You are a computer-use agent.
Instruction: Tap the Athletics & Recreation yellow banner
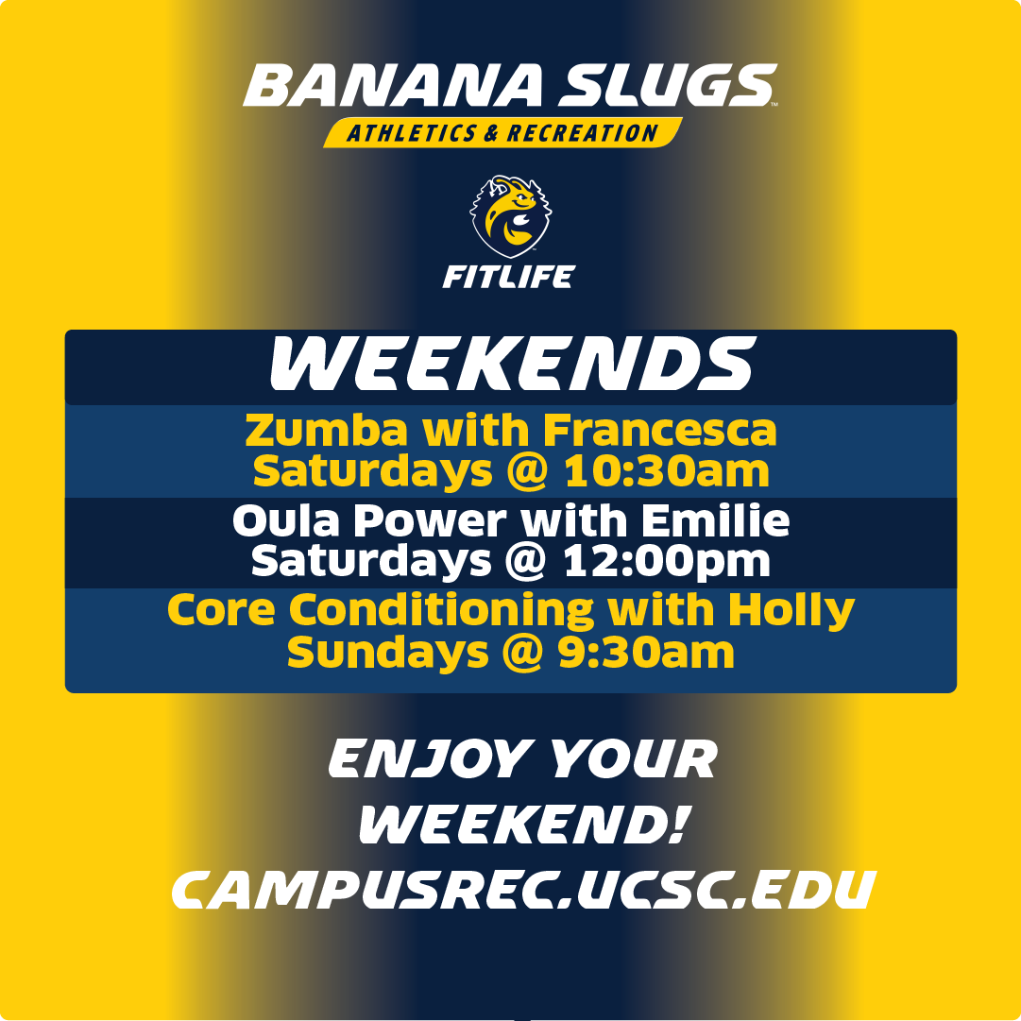click(502, 133)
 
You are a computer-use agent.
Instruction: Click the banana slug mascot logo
click(509, 216)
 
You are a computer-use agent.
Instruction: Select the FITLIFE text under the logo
click(509, 276)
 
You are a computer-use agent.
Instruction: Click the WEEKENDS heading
click(511, 366)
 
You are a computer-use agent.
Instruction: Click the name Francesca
click(659, 432)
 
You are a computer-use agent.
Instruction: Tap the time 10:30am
click(667, 471)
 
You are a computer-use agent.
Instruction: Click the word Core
click(222, 610)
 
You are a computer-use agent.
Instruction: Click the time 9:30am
click(646, 652)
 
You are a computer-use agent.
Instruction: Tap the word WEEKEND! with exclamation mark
click(521, 825)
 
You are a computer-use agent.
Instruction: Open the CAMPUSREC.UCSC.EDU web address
click(519, 889)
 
